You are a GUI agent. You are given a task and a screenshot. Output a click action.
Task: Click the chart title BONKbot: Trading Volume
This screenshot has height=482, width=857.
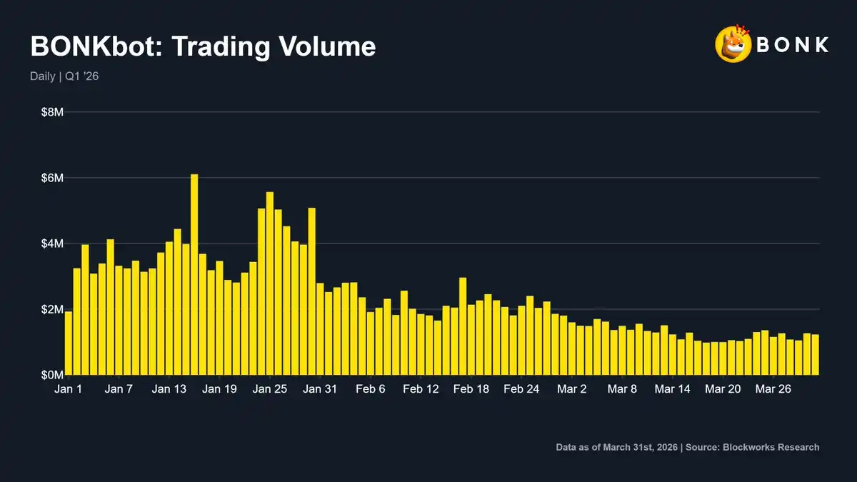click(203, 47)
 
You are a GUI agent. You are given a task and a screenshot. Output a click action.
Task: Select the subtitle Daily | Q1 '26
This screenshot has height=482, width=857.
click(64, 76)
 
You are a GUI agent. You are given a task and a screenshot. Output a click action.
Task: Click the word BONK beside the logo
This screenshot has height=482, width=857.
click(793, 44)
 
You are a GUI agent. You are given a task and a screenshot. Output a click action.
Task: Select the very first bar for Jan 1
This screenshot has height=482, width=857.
click(69, 343)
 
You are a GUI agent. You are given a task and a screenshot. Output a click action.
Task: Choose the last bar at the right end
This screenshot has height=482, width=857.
click(815, 355)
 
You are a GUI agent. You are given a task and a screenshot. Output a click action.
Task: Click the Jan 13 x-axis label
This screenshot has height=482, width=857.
click(169, 389)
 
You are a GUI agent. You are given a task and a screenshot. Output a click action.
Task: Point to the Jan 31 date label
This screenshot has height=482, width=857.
click(319, 389)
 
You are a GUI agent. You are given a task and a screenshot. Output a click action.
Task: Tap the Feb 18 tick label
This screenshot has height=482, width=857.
click(471, 389)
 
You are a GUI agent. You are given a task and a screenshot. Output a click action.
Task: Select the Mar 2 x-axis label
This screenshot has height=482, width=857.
click(572, 389)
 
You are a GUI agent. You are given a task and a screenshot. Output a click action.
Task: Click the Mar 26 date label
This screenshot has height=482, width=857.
click(773, 389)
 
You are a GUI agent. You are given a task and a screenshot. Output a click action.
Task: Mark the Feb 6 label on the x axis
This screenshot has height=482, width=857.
click(370, 389)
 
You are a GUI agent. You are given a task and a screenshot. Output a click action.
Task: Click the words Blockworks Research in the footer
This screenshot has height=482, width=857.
click(771, 448)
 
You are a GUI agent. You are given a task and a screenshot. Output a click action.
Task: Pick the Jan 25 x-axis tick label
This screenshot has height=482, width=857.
click(270, 389)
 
